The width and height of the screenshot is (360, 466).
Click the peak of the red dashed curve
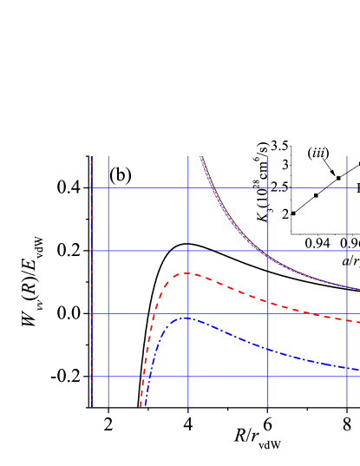[x=187, y=273]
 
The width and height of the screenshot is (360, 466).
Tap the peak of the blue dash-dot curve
[x=185, y=318]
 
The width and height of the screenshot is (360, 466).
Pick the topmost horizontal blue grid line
[x=226, y=187]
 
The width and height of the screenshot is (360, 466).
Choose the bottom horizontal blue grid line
[x=226, y=377]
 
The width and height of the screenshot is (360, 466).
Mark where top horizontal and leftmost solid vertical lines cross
[x=108, y=187]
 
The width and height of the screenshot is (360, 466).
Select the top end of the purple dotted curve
[x=200, y=157]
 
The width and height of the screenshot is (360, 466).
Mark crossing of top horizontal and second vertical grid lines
[x=187, y=187]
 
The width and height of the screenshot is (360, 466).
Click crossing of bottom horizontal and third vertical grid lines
[x=267, y=377]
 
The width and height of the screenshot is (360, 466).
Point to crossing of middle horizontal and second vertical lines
[x=187, y=250]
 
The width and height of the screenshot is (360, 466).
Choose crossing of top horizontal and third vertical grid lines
[x=267, y=187]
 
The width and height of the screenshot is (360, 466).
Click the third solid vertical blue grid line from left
[x=267, y=217]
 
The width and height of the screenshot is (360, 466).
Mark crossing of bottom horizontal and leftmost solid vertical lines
[x=108, y=377]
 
